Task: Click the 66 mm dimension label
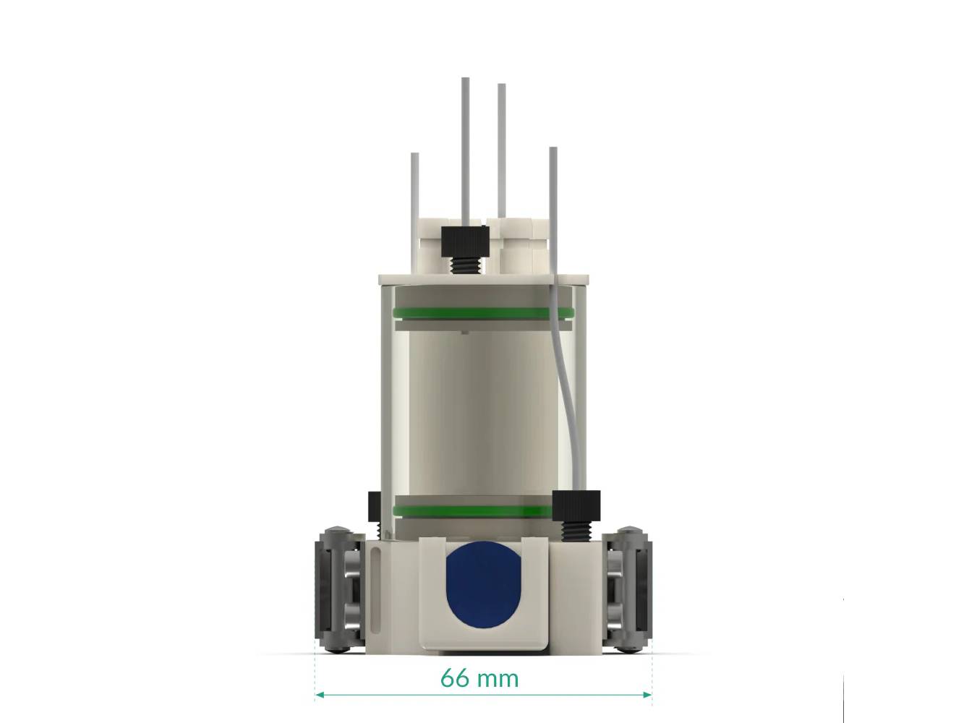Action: coord(479,678)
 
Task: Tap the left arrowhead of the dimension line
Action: coord(319,695)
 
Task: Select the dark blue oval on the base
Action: coord(484,583)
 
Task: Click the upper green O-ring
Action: coord(482,313)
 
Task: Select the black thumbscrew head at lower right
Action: coord(576,502)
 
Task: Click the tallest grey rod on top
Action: coord(466,145)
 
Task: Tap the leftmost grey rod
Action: coord(414,195)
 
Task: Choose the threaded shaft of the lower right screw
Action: coord(576,528)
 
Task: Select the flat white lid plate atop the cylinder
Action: coord(485,278)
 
